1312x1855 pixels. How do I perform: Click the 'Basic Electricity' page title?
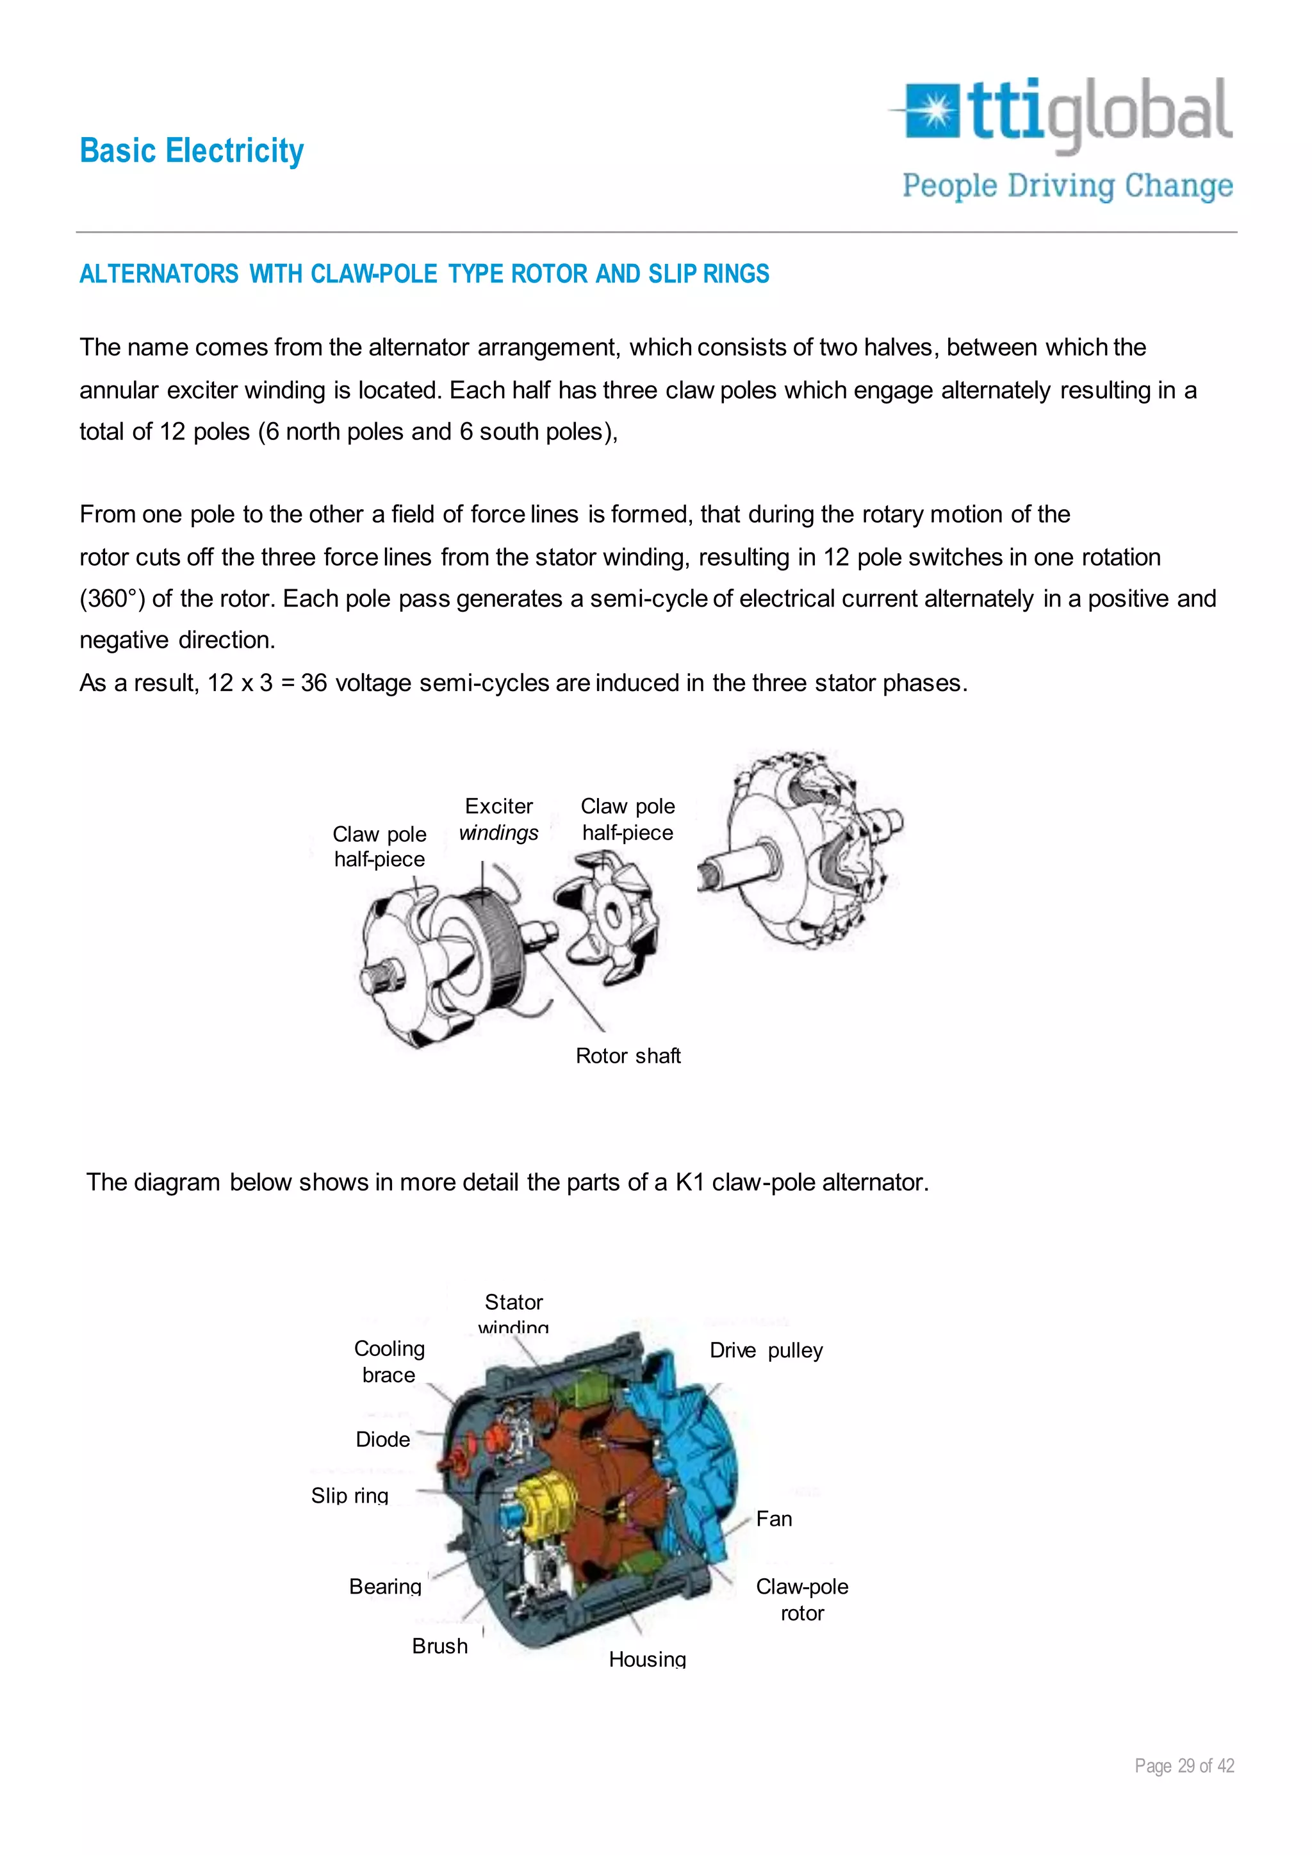[x=192, y=151]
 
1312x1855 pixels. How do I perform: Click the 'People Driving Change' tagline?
[x=1067, y=186]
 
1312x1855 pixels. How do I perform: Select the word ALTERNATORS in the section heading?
[x=159, y=274]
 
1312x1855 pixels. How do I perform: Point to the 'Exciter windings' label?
[x=498, y=819]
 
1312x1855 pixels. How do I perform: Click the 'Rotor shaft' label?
[x=628, y=1056]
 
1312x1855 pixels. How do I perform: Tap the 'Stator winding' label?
[x=514, y=1314]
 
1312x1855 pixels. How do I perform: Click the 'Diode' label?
[x=383, y=1439]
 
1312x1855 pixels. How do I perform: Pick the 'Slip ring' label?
[x=350, y=1496]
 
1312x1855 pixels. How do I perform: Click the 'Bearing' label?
[x=386, y=1586]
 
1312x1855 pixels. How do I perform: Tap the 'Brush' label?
[x=439, y=1646]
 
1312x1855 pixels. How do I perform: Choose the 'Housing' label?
[x=647, y=1658]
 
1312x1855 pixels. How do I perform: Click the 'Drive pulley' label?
[x=766, y=1350]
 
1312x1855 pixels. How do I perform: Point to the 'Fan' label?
[x=774, y=1519]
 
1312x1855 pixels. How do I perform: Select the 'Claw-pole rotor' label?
[x=801, y=1599]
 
